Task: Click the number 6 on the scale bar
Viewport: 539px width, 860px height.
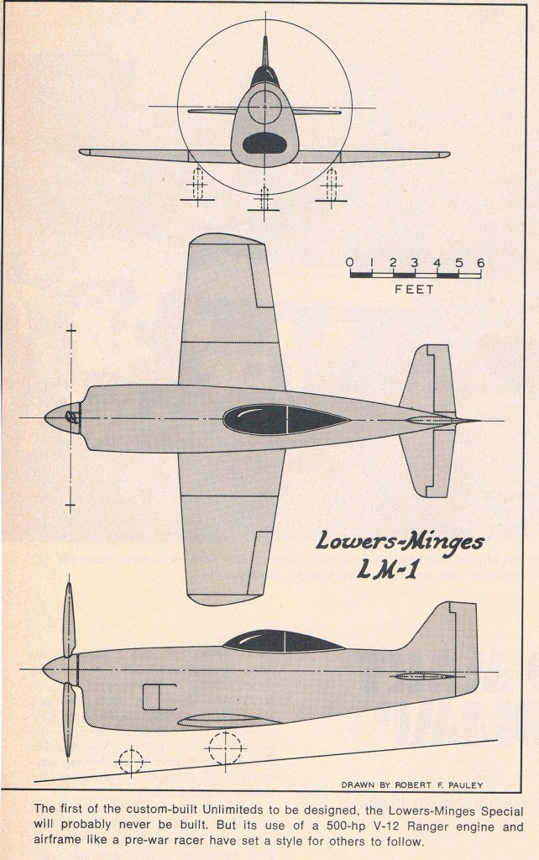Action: tap(480, 263)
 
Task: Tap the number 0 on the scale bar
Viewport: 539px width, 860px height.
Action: tap(350, 263)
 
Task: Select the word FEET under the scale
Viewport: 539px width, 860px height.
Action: tap(414, 289)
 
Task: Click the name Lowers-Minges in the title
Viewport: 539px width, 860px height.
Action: tap(400, 543)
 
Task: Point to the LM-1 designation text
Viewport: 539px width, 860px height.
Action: tap(388, 570)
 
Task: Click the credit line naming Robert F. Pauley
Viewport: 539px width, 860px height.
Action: tap(411, 785)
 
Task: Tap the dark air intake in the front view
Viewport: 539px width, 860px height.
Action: tap(264, 143)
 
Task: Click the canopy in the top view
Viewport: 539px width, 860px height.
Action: tap(286, 420)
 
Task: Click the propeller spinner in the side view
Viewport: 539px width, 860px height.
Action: tap(60, 670)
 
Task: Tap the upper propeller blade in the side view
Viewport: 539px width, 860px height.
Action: tap(69, 619)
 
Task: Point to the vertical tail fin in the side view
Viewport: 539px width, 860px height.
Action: tap(448, 642)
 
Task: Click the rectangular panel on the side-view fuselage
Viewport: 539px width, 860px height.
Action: tap(160, 697)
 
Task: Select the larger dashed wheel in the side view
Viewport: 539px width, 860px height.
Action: tap(225, 747)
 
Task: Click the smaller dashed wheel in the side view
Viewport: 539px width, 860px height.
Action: tap(132, 761)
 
